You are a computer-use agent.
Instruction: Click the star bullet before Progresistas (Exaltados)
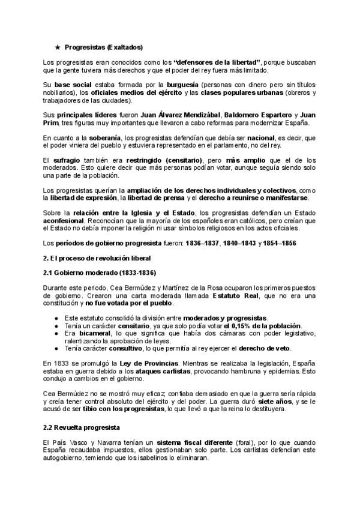pos(58,46)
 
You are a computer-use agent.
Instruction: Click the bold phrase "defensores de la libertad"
pos(217,62)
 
